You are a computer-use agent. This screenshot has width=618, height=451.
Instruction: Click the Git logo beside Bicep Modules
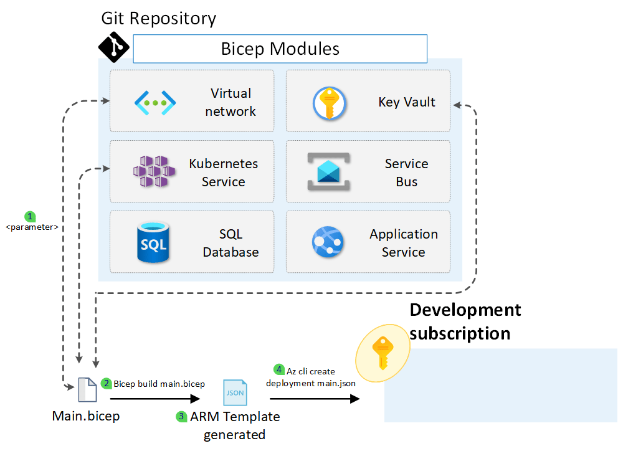click(x=114, y=47)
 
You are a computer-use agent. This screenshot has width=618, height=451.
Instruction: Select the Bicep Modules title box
click(x=280, y=49)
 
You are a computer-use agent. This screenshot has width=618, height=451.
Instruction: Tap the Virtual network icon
click(x=155, y=102)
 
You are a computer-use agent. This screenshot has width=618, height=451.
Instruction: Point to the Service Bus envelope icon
click(x=329, y=172)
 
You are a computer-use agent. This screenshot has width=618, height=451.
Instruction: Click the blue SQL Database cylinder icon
click(x=154, y=242)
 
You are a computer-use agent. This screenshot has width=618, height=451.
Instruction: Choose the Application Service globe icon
click(x=328, y=243)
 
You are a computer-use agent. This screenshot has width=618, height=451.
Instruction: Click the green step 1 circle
click(x=30, y=217)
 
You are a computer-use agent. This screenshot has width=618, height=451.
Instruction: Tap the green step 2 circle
click(x=107, y=384)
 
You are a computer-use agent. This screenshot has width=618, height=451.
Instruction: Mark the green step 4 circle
click(x=279, y=370)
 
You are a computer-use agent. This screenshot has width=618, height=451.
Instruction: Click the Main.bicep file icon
click(x=87, y=391)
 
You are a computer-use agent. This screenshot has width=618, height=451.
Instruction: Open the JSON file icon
click(x=235, y=392)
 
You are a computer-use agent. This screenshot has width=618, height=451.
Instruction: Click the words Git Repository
click(x=159, y=18)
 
